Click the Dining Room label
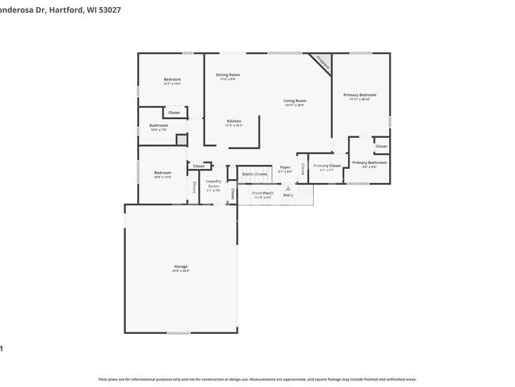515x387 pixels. (227, 75)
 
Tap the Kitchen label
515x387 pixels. (234, 121)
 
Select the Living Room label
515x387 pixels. (295, 101)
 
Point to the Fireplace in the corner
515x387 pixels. (322, 62)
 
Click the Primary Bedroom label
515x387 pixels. (360, 95)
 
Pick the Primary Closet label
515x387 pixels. (326, 165)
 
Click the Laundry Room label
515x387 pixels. (213, 184)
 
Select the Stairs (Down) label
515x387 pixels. (254, 173)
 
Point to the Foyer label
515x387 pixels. (285, 167)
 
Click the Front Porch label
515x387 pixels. (262, 193)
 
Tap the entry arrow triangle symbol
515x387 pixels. (288, 188)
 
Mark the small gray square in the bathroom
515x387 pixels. (181, 140)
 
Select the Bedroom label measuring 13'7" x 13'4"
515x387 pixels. (172, 79)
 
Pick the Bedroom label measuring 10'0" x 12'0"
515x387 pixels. (162, 173)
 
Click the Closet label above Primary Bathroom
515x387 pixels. (381, 147)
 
